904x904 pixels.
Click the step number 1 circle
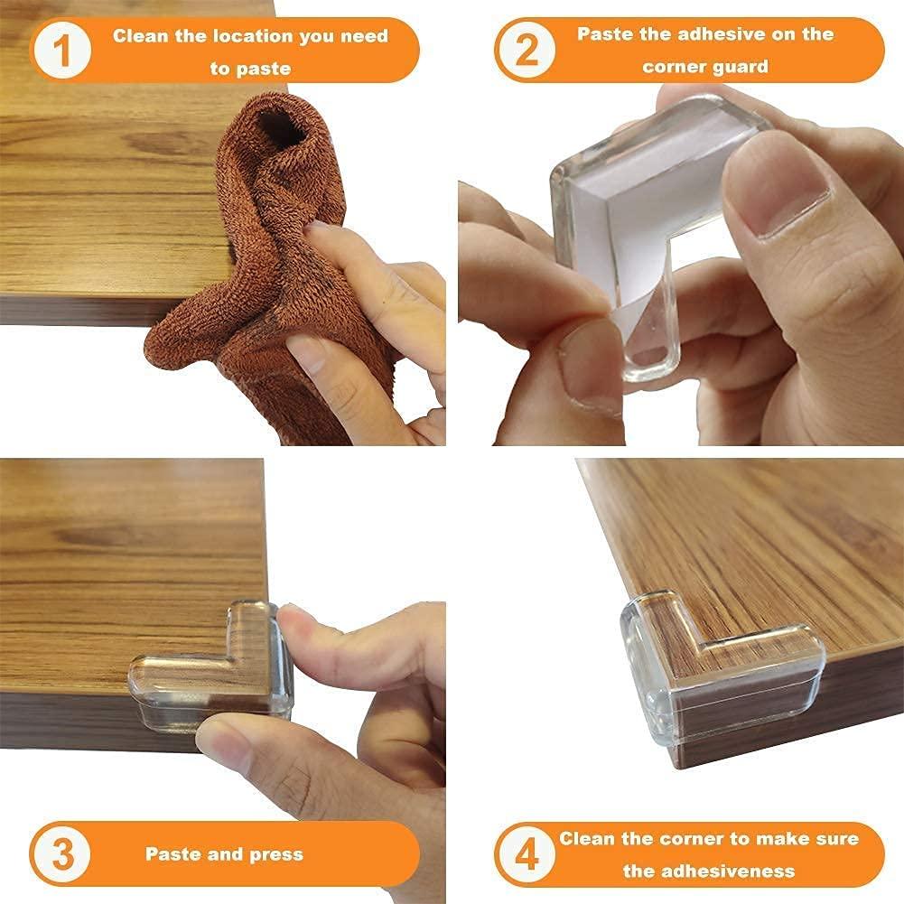click(61, 51)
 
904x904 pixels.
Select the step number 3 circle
click(61, 853)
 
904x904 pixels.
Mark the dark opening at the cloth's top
click(280, 126)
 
